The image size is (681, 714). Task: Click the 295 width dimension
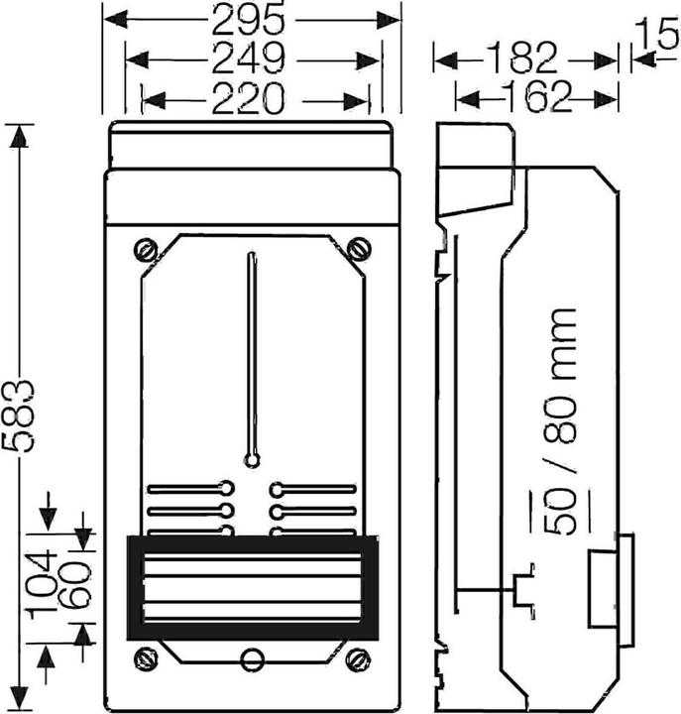click(249, 21)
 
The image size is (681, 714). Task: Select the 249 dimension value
click(249, 59)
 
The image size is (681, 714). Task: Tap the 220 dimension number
click(249, 98)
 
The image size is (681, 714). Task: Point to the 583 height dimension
click(18, 416)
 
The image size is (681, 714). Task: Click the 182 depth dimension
click(521, 59)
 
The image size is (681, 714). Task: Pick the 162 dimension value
click(540, 96)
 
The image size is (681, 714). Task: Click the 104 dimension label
click(42, 585)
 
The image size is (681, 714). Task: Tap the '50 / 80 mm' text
click(563, 421)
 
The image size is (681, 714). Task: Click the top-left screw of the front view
click(146, 250)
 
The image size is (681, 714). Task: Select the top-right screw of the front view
click(359, 250)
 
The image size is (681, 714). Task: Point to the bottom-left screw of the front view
click(146, 659)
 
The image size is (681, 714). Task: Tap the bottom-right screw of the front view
click(358, 659)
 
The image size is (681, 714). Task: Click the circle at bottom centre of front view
click(252, 659)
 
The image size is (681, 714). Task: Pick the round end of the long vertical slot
click(252, 460)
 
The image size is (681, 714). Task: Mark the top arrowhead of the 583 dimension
click(19, 135)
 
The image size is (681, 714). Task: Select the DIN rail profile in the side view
click(523, 590)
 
